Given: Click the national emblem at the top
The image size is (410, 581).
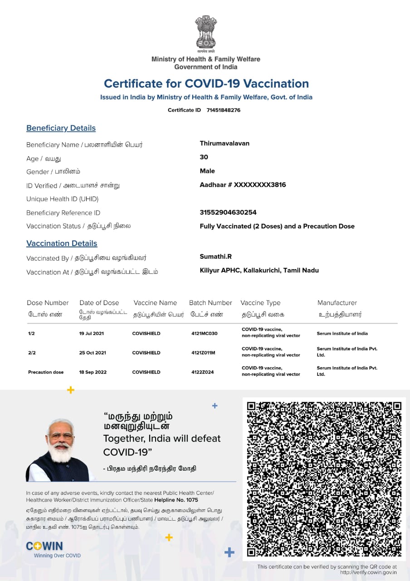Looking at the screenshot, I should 206,33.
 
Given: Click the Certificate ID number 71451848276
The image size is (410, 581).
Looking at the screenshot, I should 223,110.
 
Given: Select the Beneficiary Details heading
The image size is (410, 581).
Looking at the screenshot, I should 61,128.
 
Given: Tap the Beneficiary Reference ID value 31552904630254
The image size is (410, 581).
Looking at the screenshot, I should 228,212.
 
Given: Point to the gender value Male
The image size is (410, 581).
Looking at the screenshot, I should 207,171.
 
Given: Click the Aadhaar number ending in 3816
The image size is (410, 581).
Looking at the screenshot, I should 243,185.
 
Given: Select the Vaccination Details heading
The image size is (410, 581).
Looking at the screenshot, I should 62,243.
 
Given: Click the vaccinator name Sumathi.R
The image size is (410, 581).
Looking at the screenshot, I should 215,256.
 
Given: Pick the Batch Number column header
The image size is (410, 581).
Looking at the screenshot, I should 210,303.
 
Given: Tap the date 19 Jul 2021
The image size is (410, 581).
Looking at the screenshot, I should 92,334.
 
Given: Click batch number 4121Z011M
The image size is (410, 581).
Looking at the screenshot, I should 203,353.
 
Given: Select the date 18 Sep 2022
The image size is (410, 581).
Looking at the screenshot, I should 93,372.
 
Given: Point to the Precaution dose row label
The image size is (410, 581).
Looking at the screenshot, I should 46,372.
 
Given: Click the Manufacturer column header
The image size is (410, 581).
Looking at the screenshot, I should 337,303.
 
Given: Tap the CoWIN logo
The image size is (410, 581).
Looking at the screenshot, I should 44,546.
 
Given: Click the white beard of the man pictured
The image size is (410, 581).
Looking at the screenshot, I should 61,452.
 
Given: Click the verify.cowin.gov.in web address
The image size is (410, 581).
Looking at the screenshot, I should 368,572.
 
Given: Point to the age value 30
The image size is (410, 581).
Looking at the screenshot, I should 204,157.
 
